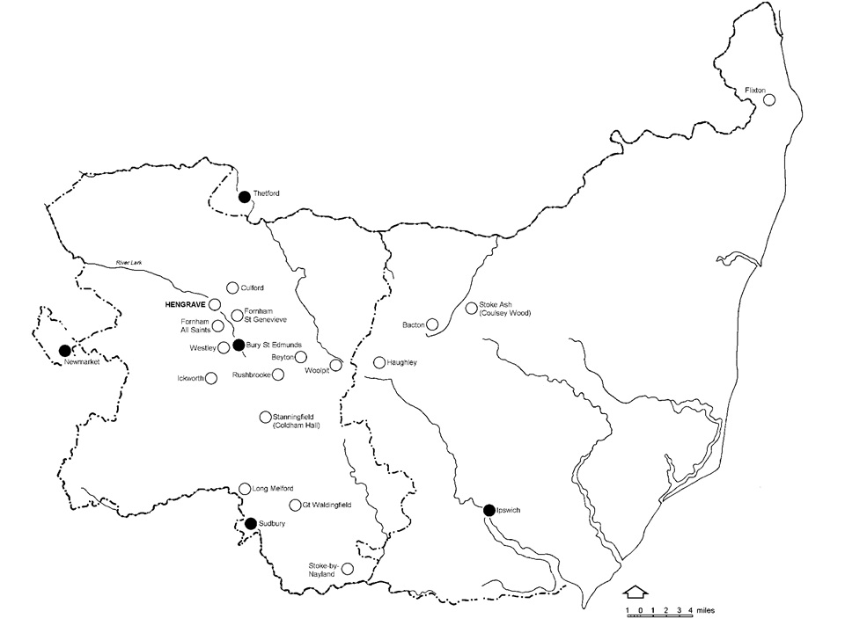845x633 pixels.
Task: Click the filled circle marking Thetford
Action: [x=245, y=196]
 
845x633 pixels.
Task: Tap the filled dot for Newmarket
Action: [x=64, y=351]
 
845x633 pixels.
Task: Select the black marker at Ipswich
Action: [x=489, y=509]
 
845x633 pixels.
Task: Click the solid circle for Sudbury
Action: [x=251, y=523]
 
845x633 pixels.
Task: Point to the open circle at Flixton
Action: [x=768, y=100]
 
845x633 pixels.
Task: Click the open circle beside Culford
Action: [x=232, y=287]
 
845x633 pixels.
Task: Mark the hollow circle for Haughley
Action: [x=379, y=362]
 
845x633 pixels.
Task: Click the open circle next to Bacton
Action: [x=432, y=325]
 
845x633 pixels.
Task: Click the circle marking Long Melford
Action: [x=245, y=489]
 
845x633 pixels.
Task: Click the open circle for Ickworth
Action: [x=211, y=378]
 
